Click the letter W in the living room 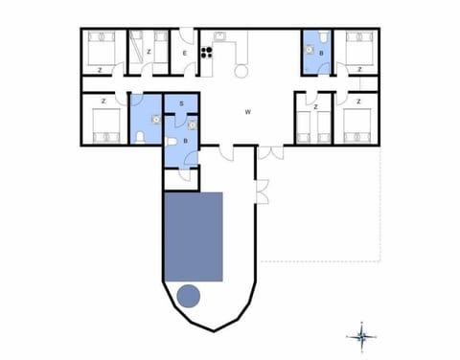point(247,112)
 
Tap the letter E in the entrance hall point(184,55)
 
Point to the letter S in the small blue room point(181,102)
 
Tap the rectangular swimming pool point(194,236)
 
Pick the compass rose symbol point(362,335)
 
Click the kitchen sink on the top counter point(219,37)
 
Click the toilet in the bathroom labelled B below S point(172,143)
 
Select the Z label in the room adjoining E point(149,52)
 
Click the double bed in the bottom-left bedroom point(103,125)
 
